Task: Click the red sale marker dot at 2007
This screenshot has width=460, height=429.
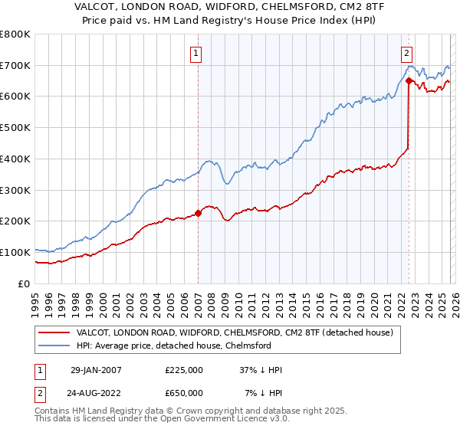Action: tap(198, 213)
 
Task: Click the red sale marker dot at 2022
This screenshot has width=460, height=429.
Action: tap(409, 80)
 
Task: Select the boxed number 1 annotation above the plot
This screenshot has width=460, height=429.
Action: tap(197, 54)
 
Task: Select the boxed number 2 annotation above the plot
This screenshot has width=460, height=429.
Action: tap(406, 54)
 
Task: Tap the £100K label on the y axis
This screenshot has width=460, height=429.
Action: tap(15, 252)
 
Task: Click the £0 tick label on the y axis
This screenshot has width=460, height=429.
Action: tap(23, 283)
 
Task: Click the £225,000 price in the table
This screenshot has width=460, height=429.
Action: tap(183, 370)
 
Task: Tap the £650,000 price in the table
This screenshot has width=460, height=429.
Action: tap(183, 393)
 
